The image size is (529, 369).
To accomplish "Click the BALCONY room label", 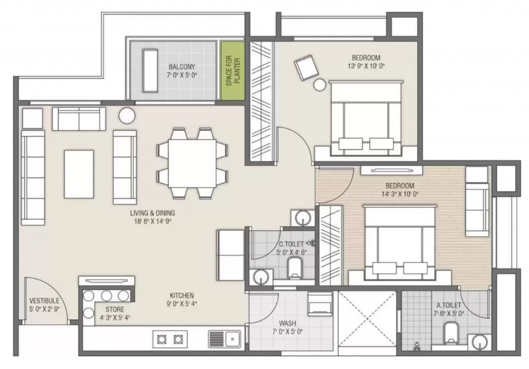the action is [x=182, y=67].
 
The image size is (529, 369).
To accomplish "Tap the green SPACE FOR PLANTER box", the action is [x=232, y=71].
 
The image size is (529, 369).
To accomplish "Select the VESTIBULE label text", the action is [x=44, y=301].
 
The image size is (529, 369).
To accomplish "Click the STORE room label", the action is [x=115, y=309].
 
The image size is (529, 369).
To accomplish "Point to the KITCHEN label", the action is [x=182, y=295].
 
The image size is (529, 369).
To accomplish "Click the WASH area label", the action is [x=288, y=324].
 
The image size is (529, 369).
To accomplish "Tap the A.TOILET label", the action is [x=449, y=305].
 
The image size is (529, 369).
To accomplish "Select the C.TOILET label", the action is [x=291, y=244].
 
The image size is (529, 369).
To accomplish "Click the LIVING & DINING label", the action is [x=152, y=213].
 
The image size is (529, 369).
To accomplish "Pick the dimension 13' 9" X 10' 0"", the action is [x=366, y=66].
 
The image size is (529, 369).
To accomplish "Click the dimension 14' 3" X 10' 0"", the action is [x=400, y=194].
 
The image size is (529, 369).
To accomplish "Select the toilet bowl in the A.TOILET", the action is [x=450, y=333].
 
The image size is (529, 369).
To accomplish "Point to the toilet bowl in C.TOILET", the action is [x=295, y=268].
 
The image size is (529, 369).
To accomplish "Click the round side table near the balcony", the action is [x=127, y=115].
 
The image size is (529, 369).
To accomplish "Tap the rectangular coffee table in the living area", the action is [x=79, y=174].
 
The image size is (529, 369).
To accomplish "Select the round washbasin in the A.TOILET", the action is [x=479, y=343].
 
